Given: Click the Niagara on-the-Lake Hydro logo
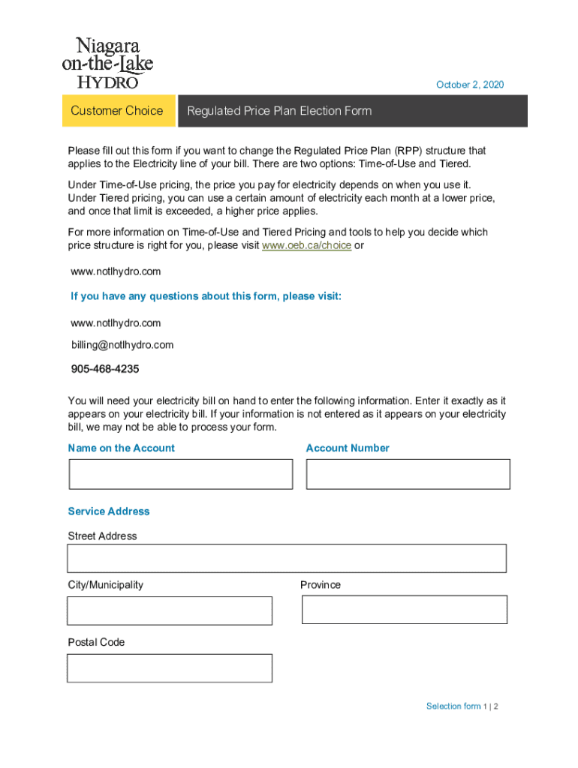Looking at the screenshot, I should pyautogui.click(x=107, y=63).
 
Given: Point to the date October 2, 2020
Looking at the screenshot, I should pyautogui.click(x=470, y=85).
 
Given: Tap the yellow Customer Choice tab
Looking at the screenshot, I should pyautogui.click(x=116, y=111).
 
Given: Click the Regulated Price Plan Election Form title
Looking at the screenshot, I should pyautogui.click(x=279, y=111).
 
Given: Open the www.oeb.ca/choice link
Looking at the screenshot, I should pyautogui.click(x=306, y=245).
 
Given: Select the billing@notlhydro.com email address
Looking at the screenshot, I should pyautogui.click(x=122, y=345).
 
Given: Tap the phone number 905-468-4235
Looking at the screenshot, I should pyautogui.click(x=105, y=369).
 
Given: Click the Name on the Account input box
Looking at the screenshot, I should pyautogui.click(x=181, y=474).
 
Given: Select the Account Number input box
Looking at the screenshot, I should pyautogui.click(x=408, y=474).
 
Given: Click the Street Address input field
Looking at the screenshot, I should pyautogui.click(x=287, y=558).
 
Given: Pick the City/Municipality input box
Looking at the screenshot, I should pyautogui.click(x=170, y=610).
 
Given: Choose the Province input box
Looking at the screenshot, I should pyautogui.click(x=405, y=610).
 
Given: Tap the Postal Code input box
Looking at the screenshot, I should pyautogui.click(x=170, y=667).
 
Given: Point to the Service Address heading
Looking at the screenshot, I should pyautogui.click(x=109, y=511).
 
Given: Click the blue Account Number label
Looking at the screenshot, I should pyautogui.click(x=348, y=448).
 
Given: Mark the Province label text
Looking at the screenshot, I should pyautogui.click(x=321, y=585).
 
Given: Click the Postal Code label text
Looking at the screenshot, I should pyautogui.click(x=96, y=642).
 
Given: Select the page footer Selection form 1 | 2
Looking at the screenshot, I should pyautogui.click(x=462, y=706).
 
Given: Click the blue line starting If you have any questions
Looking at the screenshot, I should pyautogui.click(x=206, y=296).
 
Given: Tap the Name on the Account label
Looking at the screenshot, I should pyautogui.click(x=121, y=448).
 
